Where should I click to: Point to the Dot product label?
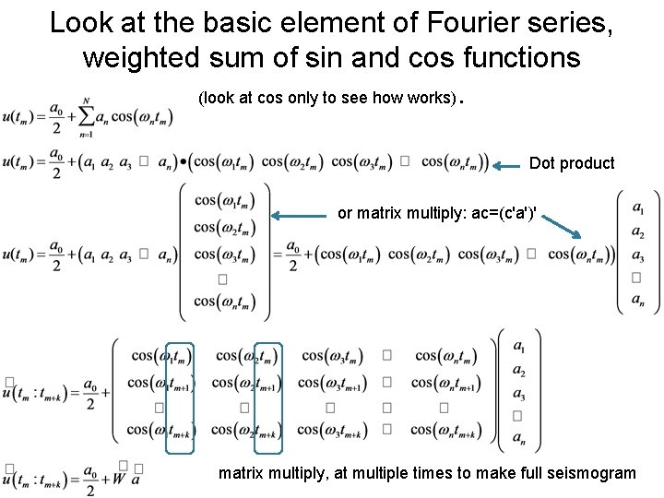[572, 163]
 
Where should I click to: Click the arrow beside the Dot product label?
[508, 167]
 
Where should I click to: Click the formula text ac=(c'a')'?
[498, 213]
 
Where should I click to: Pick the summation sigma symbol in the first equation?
[86, 115]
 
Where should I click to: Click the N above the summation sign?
[87, 100]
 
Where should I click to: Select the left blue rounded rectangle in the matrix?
[180, 397]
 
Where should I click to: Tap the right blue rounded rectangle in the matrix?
[265, 397]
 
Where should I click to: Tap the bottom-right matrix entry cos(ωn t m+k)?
[445, 431]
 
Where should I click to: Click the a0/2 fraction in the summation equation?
[56, 116]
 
